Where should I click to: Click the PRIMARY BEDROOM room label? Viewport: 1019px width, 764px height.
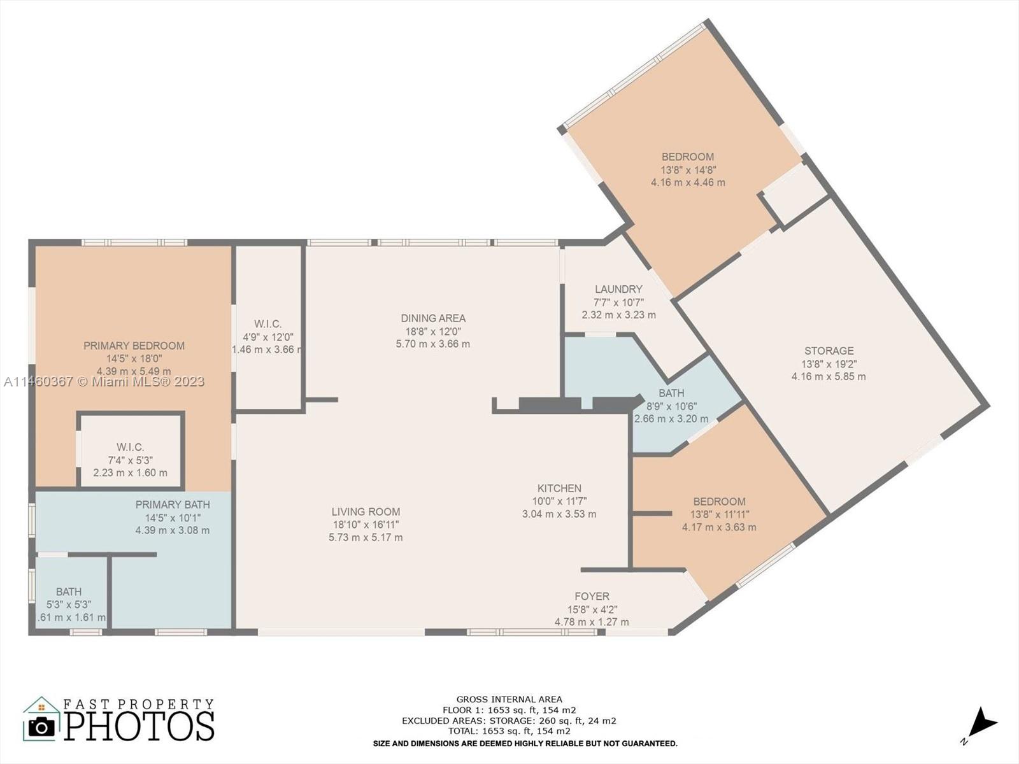(x=134, y=346)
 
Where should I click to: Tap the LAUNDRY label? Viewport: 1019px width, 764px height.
(x=618, y=290)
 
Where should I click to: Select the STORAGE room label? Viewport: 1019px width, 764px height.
(x=829, y=351)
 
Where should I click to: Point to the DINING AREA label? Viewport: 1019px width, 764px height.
(x=433, y=318)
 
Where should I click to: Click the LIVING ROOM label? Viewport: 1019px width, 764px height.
(x=366, y=512)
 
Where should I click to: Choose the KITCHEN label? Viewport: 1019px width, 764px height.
(x=559, y=488)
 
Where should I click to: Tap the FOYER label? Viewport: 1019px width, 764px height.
(x=592, y=596)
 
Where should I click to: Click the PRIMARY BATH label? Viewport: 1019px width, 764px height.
(x=173, y=504)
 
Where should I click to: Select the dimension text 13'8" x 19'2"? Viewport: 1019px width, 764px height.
(x=829, y=364)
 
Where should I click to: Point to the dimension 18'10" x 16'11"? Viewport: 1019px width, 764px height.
(x=366, y=525)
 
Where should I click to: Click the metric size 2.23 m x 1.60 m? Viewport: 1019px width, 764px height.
(x=131, y=472)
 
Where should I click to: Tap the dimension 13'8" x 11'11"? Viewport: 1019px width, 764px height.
(x=719, y=514)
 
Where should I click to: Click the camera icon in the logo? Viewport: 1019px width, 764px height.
(x=41, y=727)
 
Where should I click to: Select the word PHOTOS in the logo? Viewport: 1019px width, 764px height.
(x=139, y=726)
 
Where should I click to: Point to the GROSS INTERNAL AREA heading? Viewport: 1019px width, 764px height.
(x=509, y=699)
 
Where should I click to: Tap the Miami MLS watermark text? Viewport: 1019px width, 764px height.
(x=104, y=381)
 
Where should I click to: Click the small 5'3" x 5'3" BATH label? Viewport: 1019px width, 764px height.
(x=69, y=591)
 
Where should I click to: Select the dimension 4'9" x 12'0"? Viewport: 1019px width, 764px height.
(x=268, y=337)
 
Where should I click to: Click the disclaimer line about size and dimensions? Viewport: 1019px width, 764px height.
(x=525, y=744)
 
